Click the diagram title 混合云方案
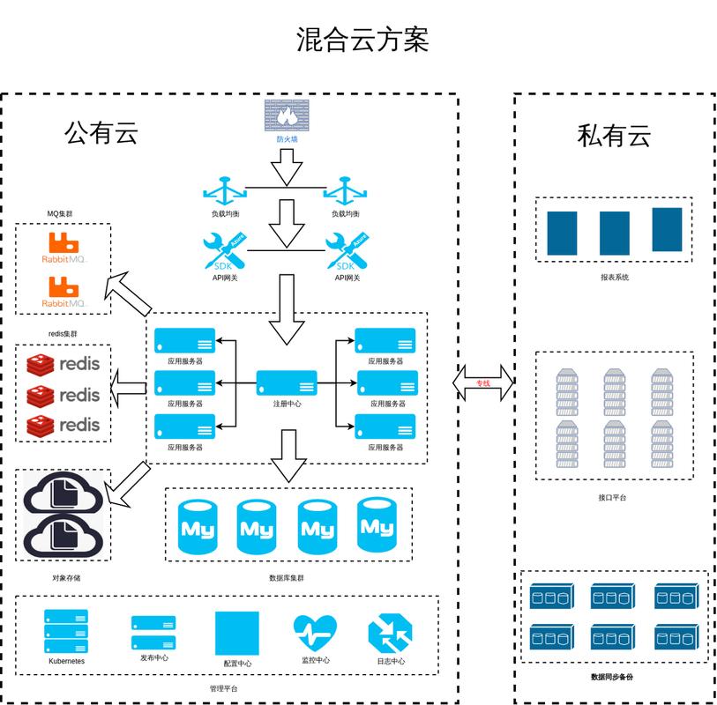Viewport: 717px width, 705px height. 362,40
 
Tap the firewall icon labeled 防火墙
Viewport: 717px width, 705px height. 286,115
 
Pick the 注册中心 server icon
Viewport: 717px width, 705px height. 287,383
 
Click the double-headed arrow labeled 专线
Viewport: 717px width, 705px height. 482,382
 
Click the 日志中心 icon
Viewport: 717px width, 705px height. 389,634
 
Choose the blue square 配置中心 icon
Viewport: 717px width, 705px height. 237,633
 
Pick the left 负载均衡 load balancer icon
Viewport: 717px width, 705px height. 225,191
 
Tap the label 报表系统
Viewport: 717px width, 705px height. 614,277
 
